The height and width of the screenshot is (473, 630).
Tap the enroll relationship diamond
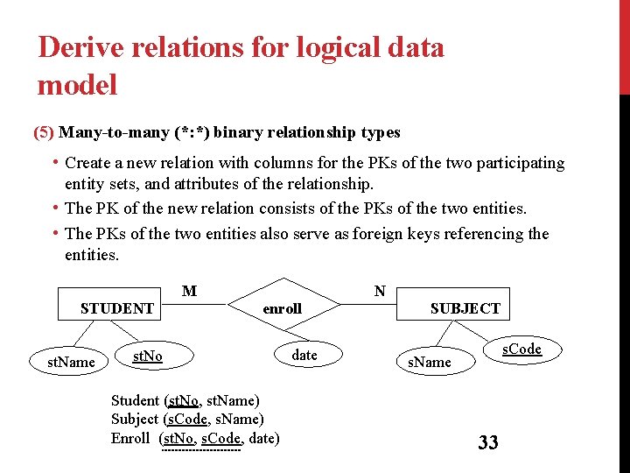click(x=282, y=308)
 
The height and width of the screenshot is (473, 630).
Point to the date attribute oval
click(x=304, y=355)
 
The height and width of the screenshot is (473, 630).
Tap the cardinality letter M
click(x=189, y=291)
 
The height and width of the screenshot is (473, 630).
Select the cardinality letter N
click(x=380, y=291)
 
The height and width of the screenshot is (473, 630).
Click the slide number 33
click(x=487, y=442)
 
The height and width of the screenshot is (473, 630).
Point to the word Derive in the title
click(x=81, y=47)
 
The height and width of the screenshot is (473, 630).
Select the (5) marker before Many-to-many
click(x=43, y=132)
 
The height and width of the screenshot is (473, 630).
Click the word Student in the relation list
click(x=135, y=400)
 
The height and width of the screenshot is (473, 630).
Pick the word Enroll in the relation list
click(x=130, y=438)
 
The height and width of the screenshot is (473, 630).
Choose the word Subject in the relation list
click(x=135, y=419)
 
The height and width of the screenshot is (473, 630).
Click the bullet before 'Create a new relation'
click(x=55, y=162)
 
